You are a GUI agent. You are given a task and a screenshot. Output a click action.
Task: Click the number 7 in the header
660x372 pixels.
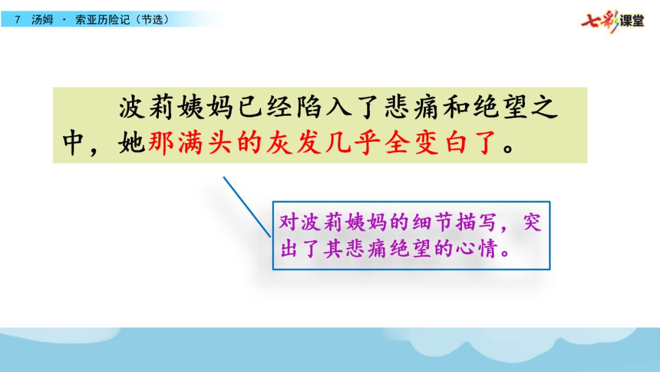tap(17, 20)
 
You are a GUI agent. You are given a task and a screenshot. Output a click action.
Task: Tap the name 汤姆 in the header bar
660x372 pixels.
tap(42, 20)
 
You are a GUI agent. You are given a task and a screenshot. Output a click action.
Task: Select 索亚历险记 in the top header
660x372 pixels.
tap(102, 20)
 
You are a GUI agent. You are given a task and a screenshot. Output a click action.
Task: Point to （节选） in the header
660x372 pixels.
tap(152, 20)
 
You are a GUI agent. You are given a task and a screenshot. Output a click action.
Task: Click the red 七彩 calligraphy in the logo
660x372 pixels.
tap(599, 21)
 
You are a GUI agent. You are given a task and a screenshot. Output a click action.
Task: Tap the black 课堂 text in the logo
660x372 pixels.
tap(632, 21)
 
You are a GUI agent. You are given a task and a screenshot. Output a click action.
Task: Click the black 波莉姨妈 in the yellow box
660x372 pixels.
tap(176, 107)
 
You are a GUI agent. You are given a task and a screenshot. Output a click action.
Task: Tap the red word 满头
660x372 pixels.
tap(205, 143)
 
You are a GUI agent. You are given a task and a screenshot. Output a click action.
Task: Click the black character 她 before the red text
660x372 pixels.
tap(131, 143)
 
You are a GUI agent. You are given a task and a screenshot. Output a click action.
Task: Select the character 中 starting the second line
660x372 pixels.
tap(73, 143)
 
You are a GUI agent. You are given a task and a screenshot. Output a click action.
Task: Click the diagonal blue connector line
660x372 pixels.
tap(247, 207)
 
